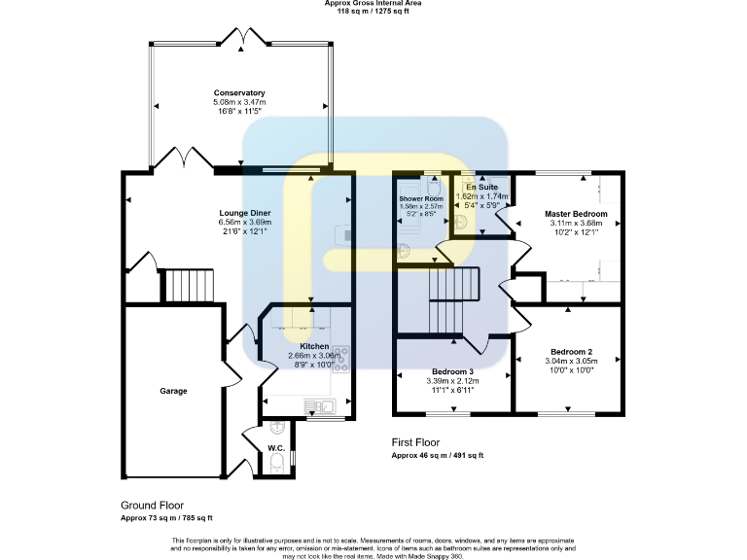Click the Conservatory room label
pos(239,93)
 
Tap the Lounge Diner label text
pos(244,213)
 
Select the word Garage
pos(173,391)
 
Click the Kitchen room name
pos(314,346)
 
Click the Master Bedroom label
pos(576,214)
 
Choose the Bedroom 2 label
pos(571,351)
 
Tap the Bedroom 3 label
pos(452,371)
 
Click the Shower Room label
pos(420,198)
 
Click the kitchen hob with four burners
pos(341,355)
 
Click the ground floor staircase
pos(181,287)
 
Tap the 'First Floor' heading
pos(421,441)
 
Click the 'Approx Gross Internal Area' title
pos(373,4)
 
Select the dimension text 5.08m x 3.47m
pos(239,102)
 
